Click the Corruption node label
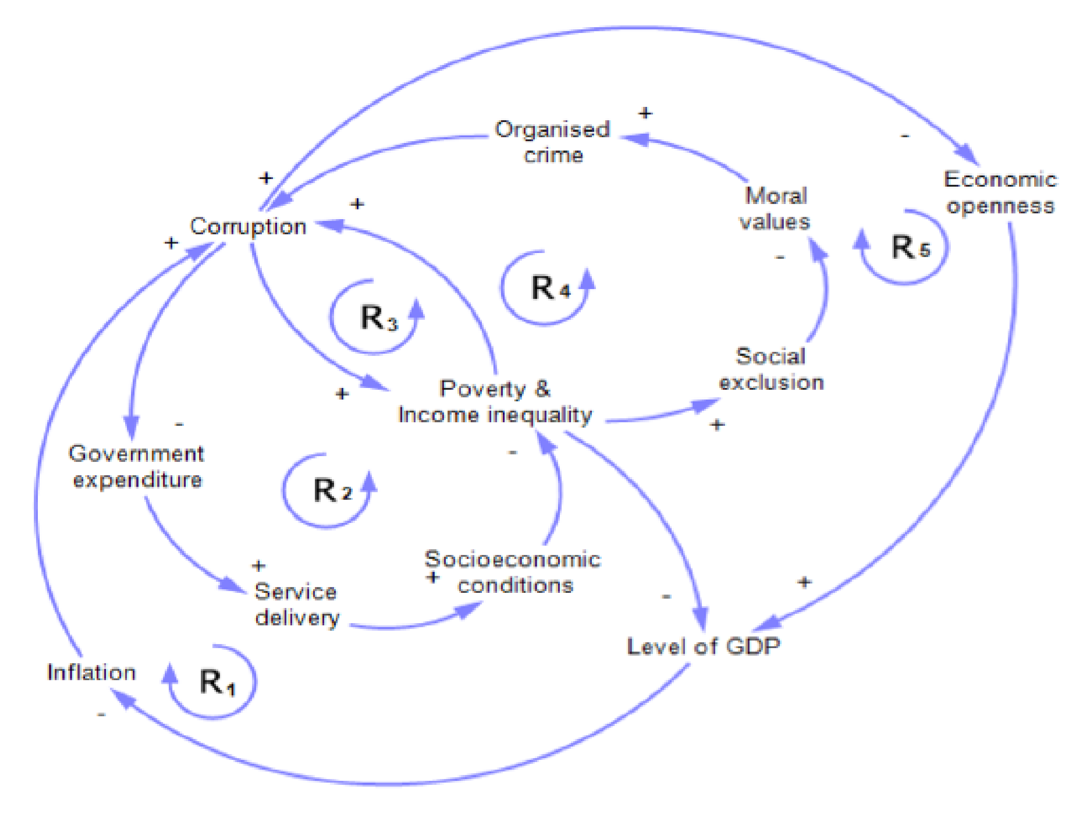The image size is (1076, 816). click(248, 227)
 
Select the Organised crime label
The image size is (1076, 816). click(553, 142)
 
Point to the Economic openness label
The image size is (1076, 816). click(1000, 193)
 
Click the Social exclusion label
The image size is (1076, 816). click(771, 369)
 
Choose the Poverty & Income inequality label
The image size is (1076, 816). click(495, 402)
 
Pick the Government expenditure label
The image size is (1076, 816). click(136, 467)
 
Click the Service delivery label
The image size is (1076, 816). click(296, 605)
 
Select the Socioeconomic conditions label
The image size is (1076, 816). click(513, 572)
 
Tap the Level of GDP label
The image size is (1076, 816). click(703, 647)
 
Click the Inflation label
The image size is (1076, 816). click(91, 673)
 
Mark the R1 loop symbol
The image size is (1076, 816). click(216, 682)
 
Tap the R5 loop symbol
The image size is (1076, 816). click(909, 248)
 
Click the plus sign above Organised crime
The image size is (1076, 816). click(645, 114)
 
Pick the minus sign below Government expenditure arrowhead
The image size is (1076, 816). click(179, 425)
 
